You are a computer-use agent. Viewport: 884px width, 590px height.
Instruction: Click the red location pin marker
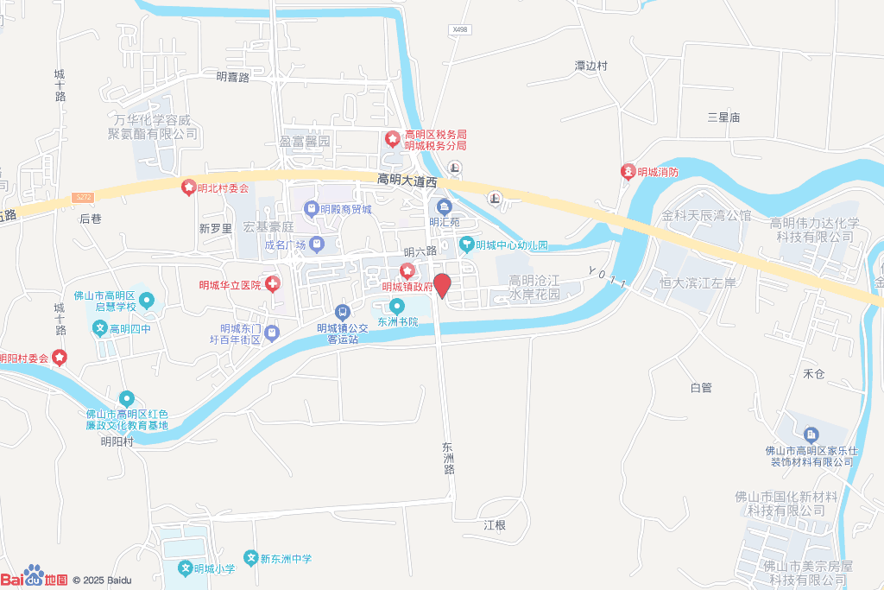442,285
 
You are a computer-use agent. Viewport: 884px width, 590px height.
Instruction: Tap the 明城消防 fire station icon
628,172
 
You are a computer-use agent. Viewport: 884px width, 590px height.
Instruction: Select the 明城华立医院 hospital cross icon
272,284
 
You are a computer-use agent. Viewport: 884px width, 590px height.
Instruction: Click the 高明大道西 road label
408,181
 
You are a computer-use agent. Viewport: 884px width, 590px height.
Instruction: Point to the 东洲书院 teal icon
397,306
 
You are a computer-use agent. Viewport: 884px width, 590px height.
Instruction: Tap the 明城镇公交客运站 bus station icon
343,312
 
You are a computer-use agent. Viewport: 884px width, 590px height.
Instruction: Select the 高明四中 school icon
101,328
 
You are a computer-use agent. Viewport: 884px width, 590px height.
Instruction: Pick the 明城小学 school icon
185,568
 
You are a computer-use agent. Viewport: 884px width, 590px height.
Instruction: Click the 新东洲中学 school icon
251,558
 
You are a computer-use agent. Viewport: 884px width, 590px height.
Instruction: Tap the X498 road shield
459,29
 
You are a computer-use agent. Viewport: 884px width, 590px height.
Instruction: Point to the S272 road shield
83,197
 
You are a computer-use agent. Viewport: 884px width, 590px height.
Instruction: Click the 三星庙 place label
723,117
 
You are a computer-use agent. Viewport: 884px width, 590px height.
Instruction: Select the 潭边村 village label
591,66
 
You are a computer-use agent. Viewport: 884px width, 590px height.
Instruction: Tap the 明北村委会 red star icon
187,187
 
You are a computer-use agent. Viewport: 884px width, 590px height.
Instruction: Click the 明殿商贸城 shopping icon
310,208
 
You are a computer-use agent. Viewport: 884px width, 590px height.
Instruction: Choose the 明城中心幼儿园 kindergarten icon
466,244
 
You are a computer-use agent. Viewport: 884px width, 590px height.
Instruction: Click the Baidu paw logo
35,574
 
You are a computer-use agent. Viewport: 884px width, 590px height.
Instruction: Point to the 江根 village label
494,524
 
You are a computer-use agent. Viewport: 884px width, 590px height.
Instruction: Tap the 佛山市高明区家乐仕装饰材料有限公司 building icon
811,434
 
